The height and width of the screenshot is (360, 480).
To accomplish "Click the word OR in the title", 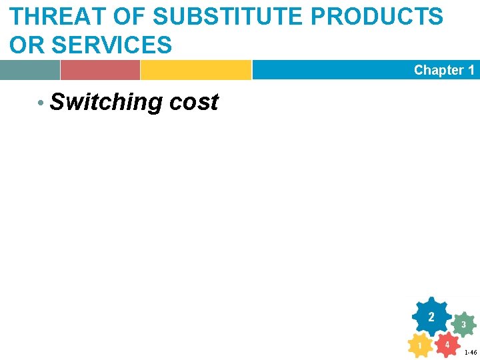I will tap(26, 45).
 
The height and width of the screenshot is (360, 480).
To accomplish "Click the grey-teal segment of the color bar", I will tap(29, 69).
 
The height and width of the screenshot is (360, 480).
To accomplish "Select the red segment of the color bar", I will tap(100, 69).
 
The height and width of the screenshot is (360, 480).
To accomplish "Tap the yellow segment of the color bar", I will tap(195, 69).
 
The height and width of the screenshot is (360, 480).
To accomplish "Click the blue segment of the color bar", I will tap(333, 69).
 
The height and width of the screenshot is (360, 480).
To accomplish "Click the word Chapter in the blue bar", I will tap(439, 70).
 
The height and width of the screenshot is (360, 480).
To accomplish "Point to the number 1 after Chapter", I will tap(471, 70).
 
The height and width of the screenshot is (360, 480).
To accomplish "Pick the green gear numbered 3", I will tap(463, 325).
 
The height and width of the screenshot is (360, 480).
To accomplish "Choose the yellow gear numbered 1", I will tap(419, 345).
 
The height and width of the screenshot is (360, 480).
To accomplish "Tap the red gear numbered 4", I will tap(447, 345).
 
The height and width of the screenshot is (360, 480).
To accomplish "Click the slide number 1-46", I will tap(470, 352).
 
